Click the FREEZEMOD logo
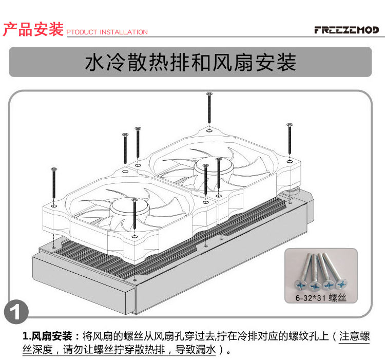tap(346, 30)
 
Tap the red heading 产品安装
tap(33, 29)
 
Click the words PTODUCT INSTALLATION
tap(107, 32)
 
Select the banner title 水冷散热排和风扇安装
tap(190, 62)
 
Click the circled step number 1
tap(16, 312)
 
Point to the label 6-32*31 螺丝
tap(321, 298)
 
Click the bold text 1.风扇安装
tap(47, 336)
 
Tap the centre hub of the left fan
tap(130, 209)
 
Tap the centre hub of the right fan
tap(214, 169)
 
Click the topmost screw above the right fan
tap(209, 108)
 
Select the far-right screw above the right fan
tap(290, 139)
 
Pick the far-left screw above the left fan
tap(54, 183)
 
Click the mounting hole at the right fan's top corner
tap(209, 130)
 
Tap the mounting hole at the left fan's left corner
tap(54, 205)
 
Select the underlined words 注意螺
tap(355, 336)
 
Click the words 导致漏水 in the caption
tap(195, 349)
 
